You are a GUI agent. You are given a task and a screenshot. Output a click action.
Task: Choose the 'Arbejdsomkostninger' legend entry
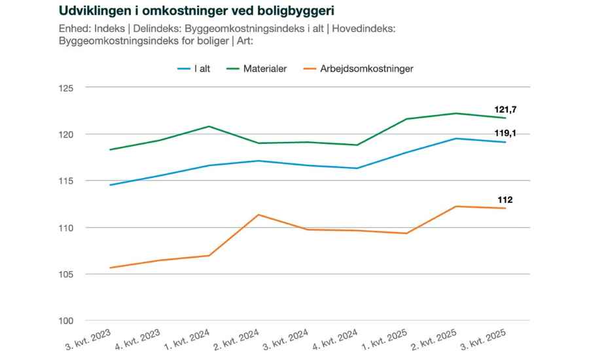coord(366,68)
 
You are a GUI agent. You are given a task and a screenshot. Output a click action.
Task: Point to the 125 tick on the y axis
coord(67,88)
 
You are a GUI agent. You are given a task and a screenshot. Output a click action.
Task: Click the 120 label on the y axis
coord(67,134)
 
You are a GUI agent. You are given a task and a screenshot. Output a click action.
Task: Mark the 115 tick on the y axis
coord(67,181)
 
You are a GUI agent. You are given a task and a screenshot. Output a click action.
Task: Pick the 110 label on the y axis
coord(67,227)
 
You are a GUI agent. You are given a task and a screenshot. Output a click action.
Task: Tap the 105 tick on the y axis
coord(67,274)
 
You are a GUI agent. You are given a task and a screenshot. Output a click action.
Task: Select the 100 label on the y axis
coord(67,320)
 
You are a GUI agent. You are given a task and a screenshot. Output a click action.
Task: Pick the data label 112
coord(504,200)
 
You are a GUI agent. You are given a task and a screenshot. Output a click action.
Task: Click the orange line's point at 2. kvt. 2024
coord(259,215)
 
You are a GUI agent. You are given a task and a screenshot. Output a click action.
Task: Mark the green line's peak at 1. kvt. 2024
coord(209,126)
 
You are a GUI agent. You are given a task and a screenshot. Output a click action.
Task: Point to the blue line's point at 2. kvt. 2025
coord(456,138)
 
